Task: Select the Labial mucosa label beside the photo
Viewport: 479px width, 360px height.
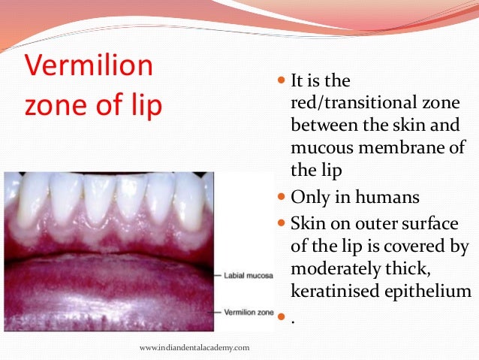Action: pos(245,276)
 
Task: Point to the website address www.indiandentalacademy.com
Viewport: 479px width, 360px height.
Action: pos(195,347)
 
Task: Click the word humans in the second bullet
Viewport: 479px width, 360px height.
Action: pos(387,198)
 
